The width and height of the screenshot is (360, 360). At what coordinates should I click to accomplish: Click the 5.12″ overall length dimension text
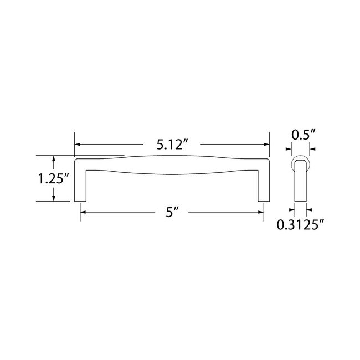pyautogui.click(x=172, y=145)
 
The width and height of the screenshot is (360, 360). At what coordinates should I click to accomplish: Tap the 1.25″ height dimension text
pyautogui.click(x=54, y=178)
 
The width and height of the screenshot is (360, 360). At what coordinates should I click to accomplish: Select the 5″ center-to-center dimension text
pyautogui.click(x=172, y=212)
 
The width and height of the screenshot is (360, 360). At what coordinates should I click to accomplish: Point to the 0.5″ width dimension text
pyautogui.click(x=304, y=135)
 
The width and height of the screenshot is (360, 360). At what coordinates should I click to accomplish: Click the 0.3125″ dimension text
pyautogui.click(x=300, y=224)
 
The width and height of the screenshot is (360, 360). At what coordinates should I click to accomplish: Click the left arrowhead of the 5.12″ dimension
pyautogui.click(x=78, y=145)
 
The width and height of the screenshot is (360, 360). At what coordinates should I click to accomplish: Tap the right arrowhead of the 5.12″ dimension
pyautogui.click(x=266, y=145)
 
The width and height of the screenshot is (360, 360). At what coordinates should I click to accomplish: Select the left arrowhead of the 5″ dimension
pyautogui.click(x=83, y=212)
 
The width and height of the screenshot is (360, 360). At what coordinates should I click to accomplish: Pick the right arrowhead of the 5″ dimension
pyautogui.click(x=261, y=212)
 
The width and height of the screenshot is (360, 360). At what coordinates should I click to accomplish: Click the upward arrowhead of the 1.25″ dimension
pyautogui.click(x=54, y=158)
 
